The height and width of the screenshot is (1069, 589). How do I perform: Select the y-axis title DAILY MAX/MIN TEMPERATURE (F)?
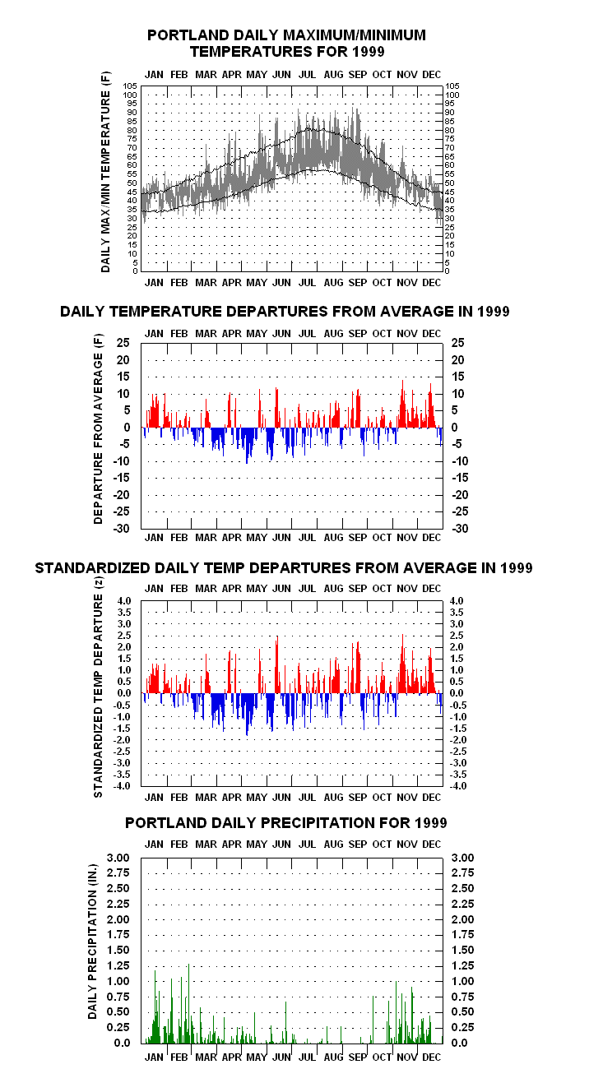105,172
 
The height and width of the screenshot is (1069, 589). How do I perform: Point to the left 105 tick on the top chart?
130,86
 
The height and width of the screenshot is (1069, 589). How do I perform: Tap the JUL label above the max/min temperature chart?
307,75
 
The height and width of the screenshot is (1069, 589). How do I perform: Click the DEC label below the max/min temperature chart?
432,283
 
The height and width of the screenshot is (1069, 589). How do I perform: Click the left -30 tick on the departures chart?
121,528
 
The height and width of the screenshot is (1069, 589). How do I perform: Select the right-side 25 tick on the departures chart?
457,343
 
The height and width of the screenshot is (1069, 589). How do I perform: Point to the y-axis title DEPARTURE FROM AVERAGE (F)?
99,429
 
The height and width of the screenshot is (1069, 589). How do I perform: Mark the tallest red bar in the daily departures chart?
402,404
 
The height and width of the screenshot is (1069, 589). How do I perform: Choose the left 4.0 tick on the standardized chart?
123,601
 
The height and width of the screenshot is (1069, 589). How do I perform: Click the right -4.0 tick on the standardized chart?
458,785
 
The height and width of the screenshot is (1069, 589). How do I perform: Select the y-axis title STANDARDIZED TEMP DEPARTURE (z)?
99,687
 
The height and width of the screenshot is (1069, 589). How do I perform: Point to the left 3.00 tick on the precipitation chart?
118,858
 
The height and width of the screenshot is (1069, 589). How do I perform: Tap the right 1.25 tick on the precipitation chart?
463,965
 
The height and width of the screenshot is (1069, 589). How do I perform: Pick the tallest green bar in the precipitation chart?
188,1003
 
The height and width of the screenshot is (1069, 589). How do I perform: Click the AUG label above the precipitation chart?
333,845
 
